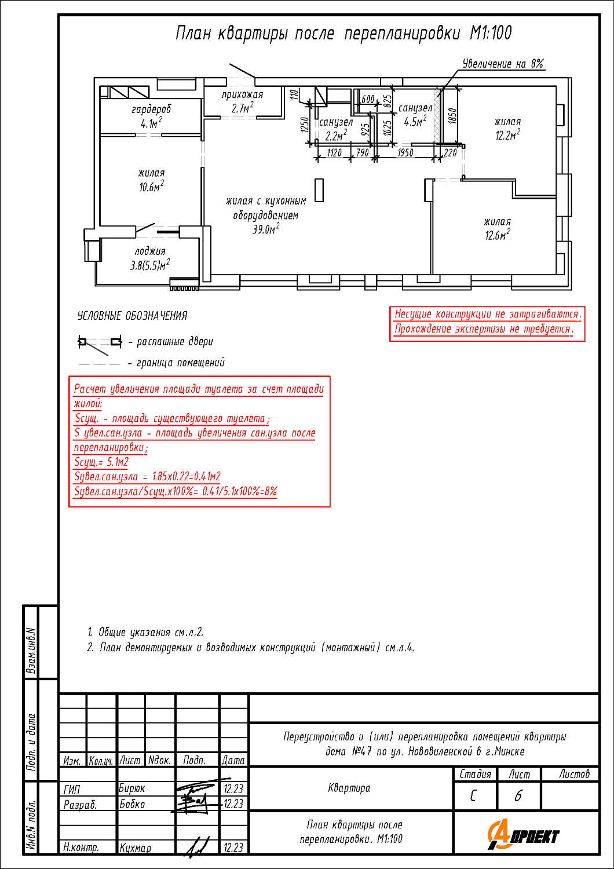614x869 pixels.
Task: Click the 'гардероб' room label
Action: point(151,109)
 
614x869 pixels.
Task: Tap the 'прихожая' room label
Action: point(243,94)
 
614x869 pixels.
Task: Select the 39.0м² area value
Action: point(266,229)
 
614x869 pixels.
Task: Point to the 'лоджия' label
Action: point(150,251)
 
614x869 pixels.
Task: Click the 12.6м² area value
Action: point(498,235)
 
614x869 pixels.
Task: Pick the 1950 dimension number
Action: point(405,152)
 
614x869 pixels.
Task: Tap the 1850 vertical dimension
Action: point(452,116)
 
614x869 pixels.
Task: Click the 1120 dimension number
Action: point(334,152)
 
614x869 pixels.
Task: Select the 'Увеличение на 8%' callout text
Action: point(503,63)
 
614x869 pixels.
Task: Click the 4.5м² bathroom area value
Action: point(415,122)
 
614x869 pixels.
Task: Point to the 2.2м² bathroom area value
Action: point(336,136)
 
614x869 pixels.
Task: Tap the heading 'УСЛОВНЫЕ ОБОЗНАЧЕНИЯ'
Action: point(132,316)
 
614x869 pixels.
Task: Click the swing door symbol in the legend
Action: point(100,344)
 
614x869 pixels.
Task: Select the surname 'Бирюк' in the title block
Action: point(132,788)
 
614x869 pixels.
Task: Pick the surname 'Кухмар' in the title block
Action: point(136,848)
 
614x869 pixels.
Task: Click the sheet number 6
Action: point(518,796)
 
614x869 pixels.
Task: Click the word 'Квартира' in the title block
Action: point(349,788)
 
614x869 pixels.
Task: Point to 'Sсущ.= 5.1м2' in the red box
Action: point(101,462)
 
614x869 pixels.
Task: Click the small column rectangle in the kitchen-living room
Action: point(319,189)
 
